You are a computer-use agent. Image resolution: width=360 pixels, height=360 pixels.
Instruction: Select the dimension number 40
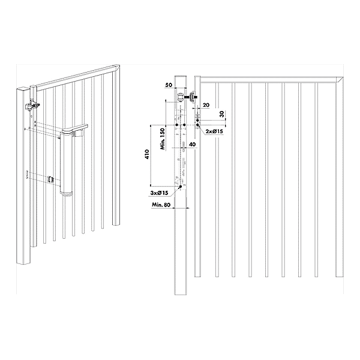191,145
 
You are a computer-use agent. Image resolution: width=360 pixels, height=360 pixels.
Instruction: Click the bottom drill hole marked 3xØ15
179,187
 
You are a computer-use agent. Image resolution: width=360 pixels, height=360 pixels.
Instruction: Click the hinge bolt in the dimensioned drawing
191,97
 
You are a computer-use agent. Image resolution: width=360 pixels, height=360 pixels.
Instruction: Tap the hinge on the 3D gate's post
31,107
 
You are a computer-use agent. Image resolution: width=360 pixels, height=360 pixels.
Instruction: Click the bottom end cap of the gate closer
67,191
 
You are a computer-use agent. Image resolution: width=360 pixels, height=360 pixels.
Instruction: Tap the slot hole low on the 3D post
28,175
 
